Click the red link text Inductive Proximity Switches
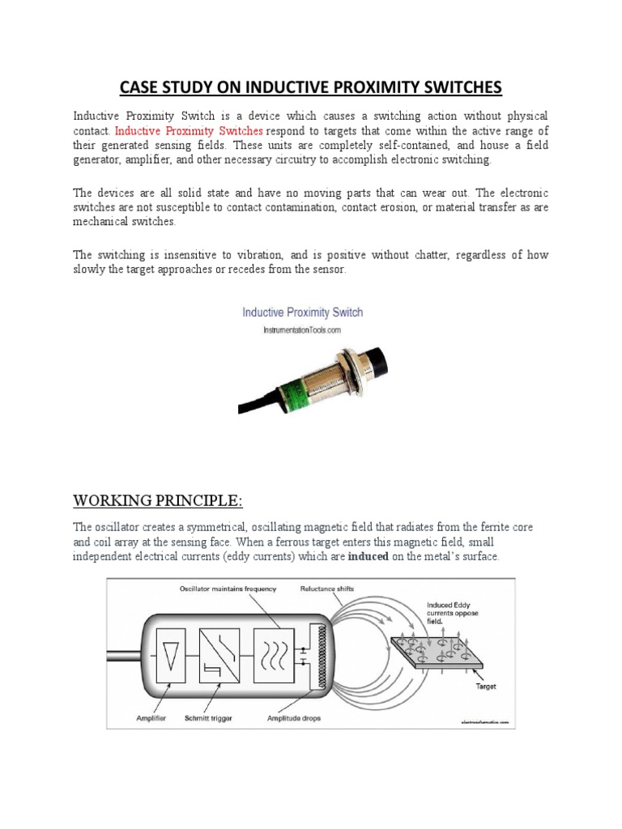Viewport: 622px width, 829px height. click(189, 130)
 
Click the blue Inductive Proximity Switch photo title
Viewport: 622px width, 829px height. click(303, 312)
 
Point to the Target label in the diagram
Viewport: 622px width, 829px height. click(486, 687)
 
